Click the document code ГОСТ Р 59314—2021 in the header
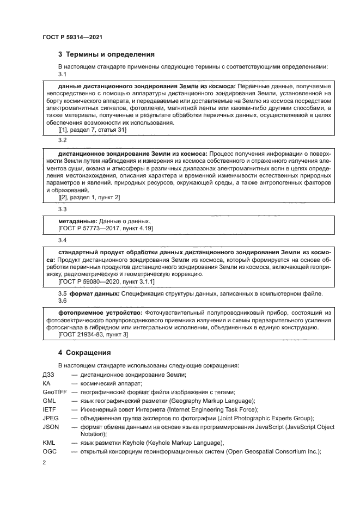(72, 36)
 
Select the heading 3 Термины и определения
(106, 54)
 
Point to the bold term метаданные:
(77, 222)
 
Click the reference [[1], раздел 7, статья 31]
(92, 130)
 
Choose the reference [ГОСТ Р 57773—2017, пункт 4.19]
(105, 229)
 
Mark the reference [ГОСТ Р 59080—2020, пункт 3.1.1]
(106, 282)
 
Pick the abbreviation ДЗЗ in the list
(48, 375)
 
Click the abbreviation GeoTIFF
(53, 392)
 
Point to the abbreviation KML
(49, 443)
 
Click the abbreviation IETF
(49, 409)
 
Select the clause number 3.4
(62, 240)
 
